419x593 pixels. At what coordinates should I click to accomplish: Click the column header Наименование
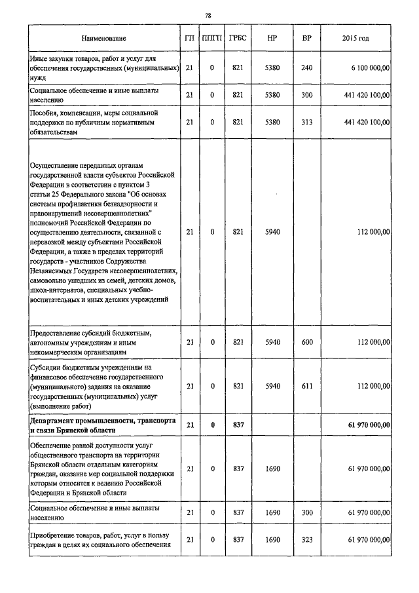103,39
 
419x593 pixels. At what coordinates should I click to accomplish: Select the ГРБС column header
238,39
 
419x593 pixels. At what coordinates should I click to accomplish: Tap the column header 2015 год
355,39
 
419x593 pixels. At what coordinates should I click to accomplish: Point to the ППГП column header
212,39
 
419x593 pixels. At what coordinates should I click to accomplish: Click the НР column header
272,39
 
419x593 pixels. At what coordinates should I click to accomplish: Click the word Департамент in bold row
54,421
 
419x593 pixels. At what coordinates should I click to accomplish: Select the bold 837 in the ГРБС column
238,425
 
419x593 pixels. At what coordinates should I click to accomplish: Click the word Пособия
46,113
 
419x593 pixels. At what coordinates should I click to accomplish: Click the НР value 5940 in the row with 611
272,387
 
